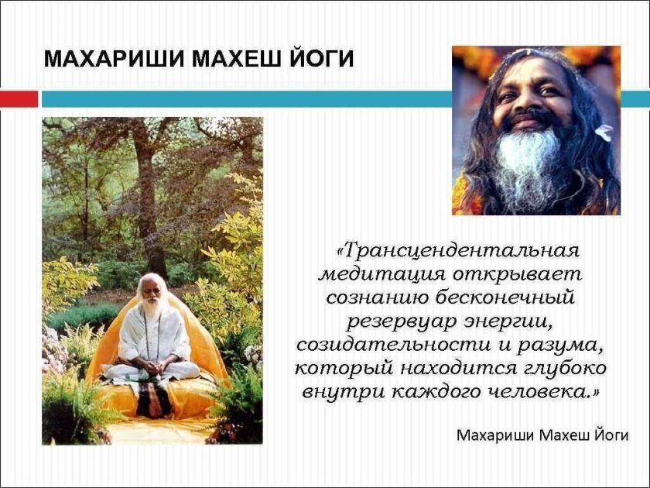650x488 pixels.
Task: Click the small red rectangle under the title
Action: (x=19, y=98)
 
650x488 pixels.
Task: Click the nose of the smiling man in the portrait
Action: (x=531, y=101)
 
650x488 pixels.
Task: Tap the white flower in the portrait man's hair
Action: (x=604, y=132)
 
